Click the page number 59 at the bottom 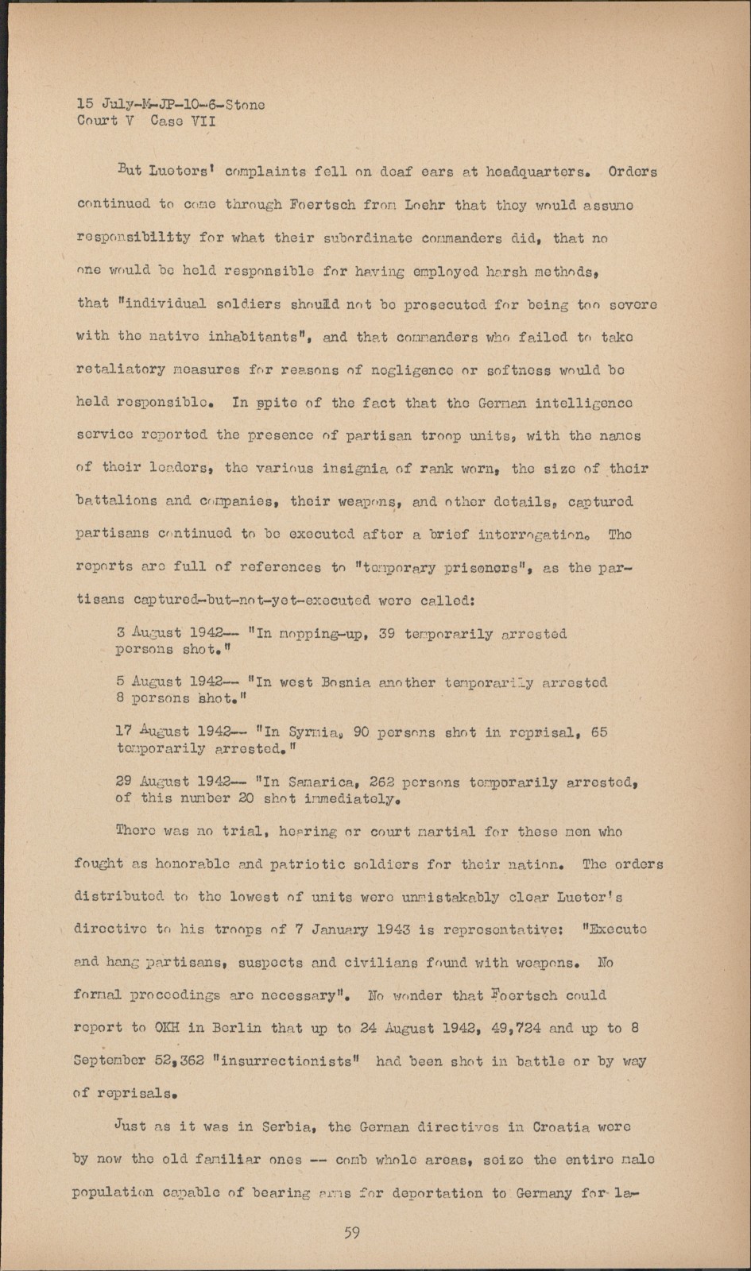point(352,1233)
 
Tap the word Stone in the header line point(245,105)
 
